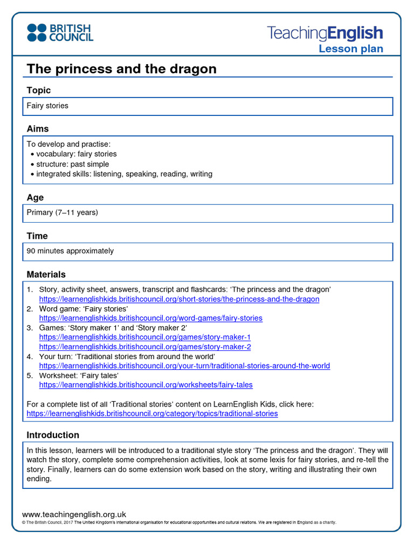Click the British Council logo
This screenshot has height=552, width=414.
point(60,32)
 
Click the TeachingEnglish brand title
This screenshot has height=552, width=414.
point(325,33)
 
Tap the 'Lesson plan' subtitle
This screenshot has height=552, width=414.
point(350,49)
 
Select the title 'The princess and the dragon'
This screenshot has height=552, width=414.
point(121,69)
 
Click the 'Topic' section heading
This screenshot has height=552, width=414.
point(39,91)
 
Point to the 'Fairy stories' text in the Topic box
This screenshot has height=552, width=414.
point(47,106)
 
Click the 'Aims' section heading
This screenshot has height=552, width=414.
point(38,129)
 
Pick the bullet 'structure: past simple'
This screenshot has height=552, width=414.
point(72,164)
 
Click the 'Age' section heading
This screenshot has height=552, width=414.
point(35,198)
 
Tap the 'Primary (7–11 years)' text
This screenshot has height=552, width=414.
point(63,212)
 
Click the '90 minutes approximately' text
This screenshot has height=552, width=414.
point(70,251)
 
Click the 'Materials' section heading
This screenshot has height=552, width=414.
point(46,274)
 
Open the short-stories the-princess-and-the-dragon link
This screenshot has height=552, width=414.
point(179,299)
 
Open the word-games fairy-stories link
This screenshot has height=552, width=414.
point(150,318)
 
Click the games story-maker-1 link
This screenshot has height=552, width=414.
point(144,337)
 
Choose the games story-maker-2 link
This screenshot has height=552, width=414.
point(144,347)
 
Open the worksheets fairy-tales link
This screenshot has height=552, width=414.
point(146,385)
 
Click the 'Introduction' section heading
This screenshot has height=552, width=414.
point(53,435)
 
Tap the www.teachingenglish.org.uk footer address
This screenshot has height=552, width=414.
point(74,515)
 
